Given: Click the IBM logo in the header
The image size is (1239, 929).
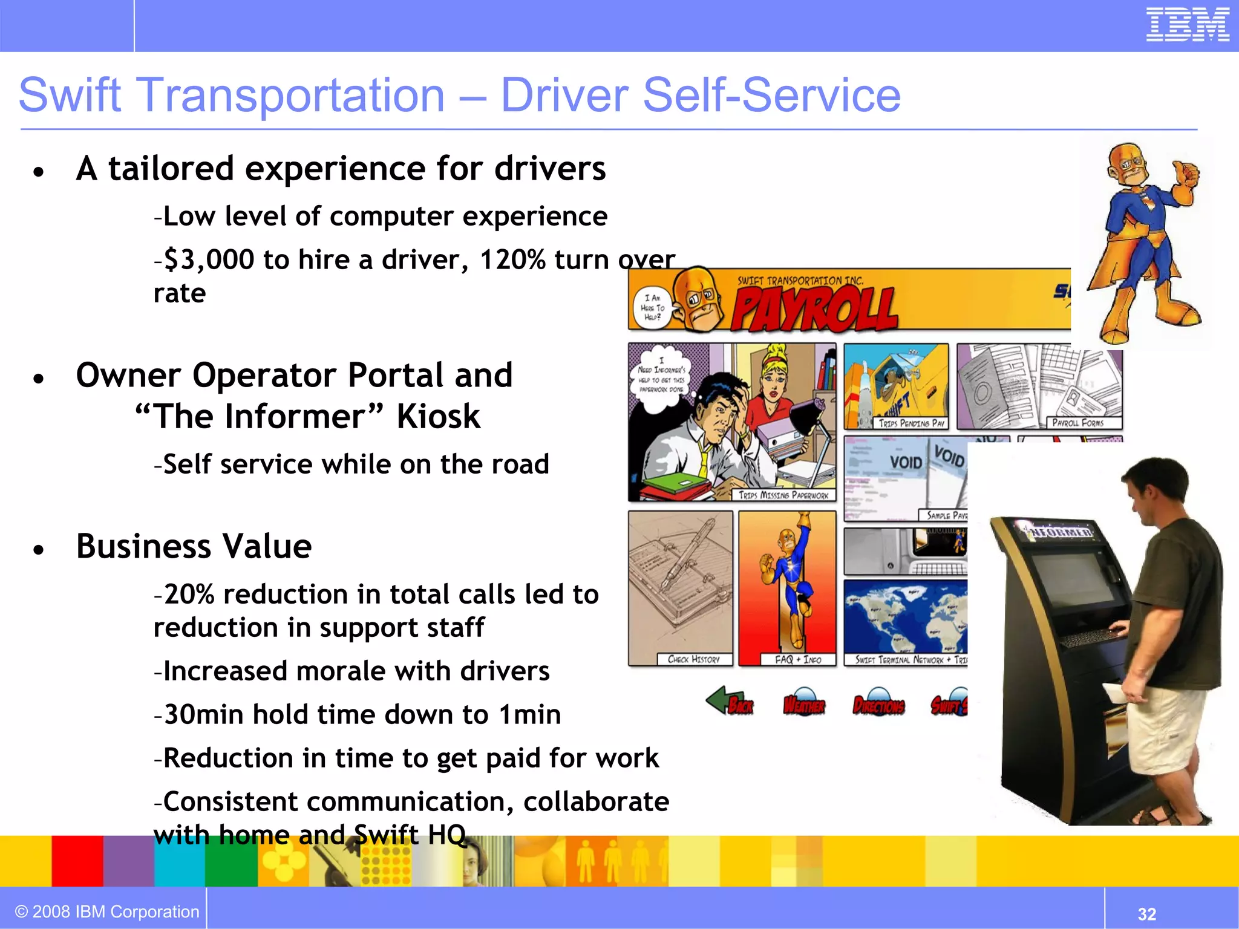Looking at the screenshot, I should pos(1188,25).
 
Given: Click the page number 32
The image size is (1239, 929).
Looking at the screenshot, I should pos(1147,913).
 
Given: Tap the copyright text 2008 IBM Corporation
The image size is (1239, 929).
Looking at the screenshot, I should pos(107,911).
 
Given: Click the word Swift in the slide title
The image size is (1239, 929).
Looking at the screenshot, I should pos(70,96).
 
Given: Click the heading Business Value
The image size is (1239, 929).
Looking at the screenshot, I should pos(194,546).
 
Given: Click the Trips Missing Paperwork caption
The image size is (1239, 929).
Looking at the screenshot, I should pos(783,495).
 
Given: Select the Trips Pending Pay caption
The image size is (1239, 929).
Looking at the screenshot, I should pos(911,423).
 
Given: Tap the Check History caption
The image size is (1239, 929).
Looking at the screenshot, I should pos(693,659).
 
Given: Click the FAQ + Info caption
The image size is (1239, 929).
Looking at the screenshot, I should pos(798,659).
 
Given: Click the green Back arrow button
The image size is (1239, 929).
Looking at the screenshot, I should pos(729,702).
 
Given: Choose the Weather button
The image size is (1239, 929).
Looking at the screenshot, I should pos(804,703).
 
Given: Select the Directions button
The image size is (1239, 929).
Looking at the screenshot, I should pos(878,703).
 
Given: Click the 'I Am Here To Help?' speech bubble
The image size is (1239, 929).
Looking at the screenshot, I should pos(653,307).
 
